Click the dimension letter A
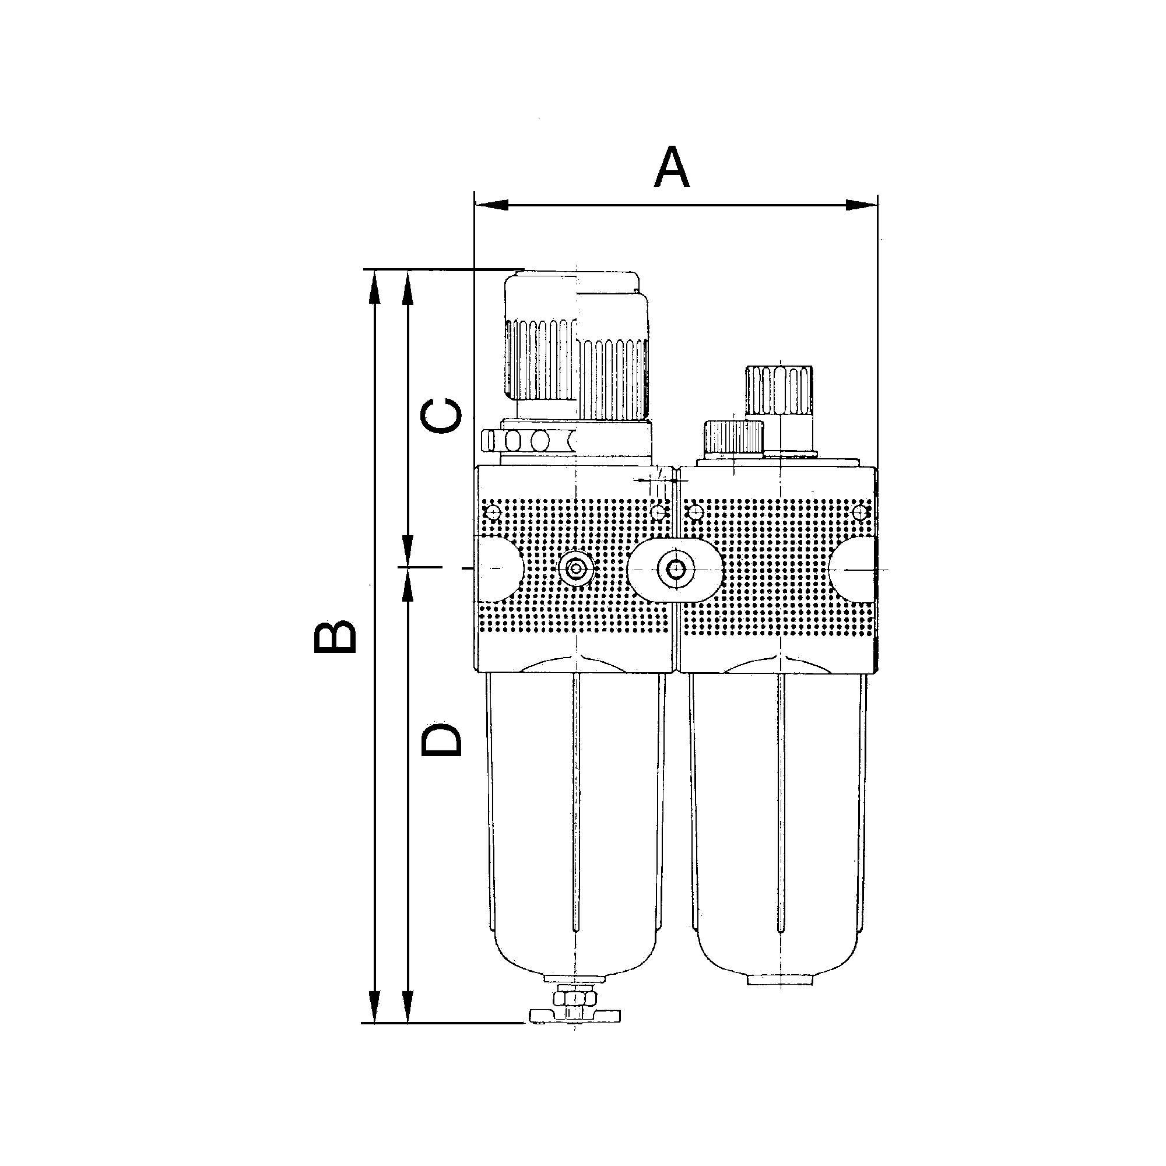click(x=671, y=167)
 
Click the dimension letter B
click(x=335, y=638)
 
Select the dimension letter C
click(x=442, y=415)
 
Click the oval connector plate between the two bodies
click(x=675, y=568)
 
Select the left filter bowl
click(x=575, y=833)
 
